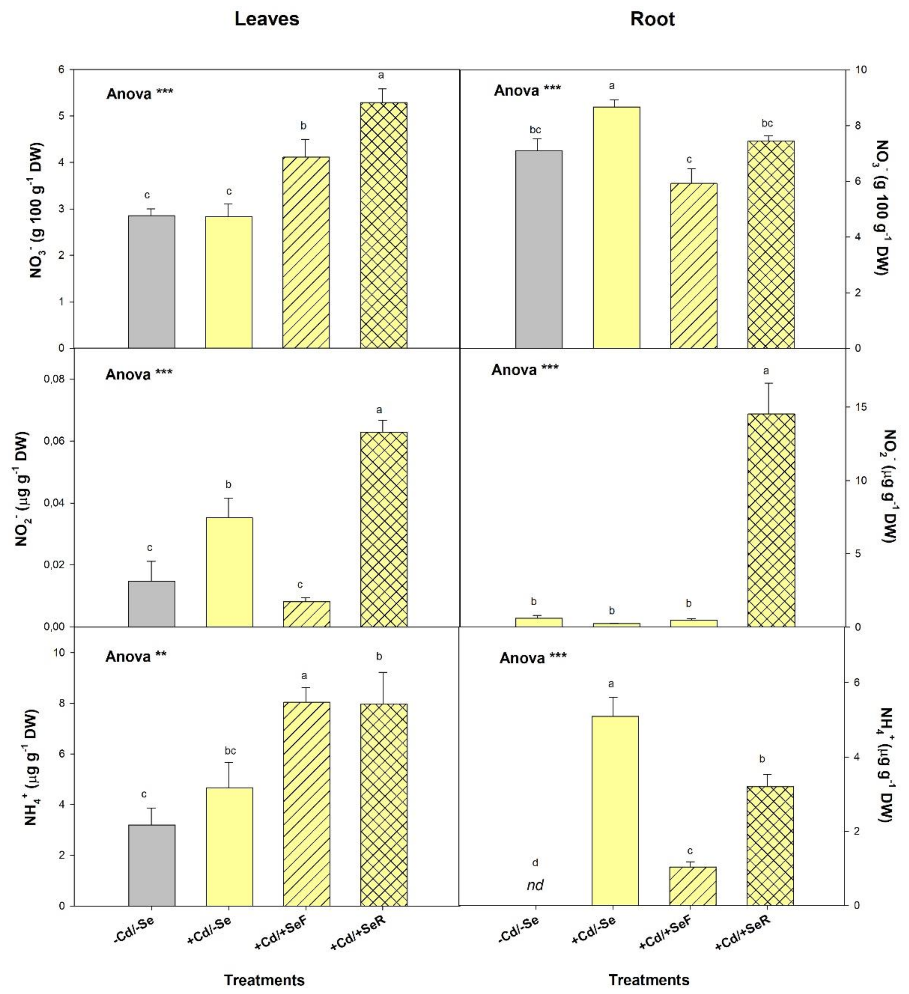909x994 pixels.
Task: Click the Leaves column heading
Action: coord(266,19)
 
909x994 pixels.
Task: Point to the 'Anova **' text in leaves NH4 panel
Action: coord(136,656)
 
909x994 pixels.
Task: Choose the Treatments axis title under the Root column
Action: coord(649,979)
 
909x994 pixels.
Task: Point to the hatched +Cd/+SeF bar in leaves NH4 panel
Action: coord(306,804)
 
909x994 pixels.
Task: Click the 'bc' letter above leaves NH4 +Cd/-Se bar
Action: coord(230,751)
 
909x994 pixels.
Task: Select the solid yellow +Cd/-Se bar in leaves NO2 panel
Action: coord(229,572)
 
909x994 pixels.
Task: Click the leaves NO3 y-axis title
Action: coord(37,210)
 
